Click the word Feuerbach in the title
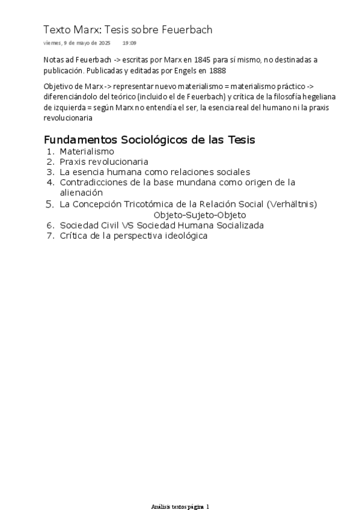(188, 29)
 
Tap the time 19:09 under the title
(129, 43)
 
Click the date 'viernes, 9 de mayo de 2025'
(77, 43)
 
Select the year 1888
(210, 69)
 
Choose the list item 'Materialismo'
(87, 152)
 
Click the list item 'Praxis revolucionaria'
(103, 162)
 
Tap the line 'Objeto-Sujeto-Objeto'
(200, 215)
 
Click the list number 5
(50, 204)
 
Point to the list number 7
(50, 236)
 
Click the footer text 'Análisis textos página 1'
(180, 506)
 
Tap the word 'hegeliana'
(318, 97)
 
